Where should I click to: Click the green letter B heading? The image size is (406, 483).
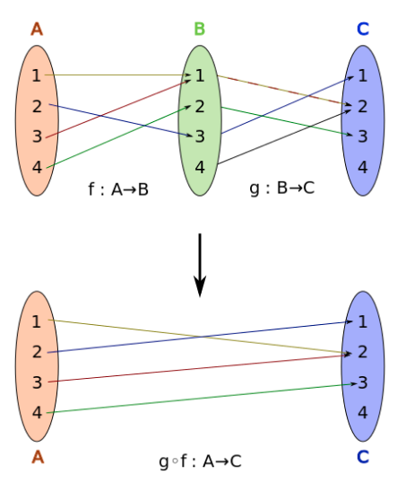pyautogui.click(x=200, y=29)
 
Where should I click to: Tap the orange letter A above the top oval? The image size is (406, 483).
pyautogui.click(x=37, y=30)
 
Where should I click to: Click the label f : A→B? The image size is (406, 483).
pyautogui.click(x=118, y=189)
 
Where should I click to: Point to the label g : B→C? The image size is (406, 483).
pyautogui.click(x=282, y=188)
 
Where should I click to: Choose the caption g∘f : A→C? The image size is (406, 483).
pyautogui.click(x=200, y=461)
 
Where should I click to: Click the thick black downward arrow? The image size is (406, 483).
pyautogui.click(x=200, y=265)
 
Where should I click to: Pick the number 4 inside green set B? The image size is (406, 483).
pyautogui.click(x=200, y=167)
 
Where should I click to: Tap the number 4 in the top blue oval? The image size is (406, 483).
pyautogui.click(x=363, y=167)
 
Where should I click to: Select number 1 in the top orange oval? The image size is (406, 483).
pyautogui.click(x=37, y=75)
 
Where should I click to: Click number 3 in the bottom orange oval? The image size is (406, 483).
pyautogui.click(x=37, y=382)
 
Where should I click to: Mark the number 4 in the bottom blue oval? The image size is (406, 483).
pyautogui.click(x=363, y=412)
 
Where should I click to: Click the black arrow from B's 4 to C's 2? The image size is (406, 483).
pyautogui.click(x=284, y=136)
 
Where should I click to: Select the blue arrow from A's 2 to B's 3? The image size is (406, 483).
pyautogui.click(x=121, y=120)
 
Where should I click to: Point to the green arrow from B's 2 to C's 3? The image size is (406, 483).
pyautogui.click(x=287, y=121)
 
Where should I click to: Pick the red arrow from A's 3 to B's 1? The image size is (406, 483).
pyautogui.click(x=118, y=109)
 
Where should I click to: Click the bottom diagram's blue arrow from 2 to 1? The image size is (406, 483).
pyautogui.click(x=200, y=337)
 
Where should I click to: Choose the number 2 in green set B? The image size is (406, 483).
pyautogui.click(x=200, y=106)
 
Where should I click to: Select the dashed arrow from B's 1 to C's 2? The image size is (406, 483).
pyautogui.click(x=284, y=91)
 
